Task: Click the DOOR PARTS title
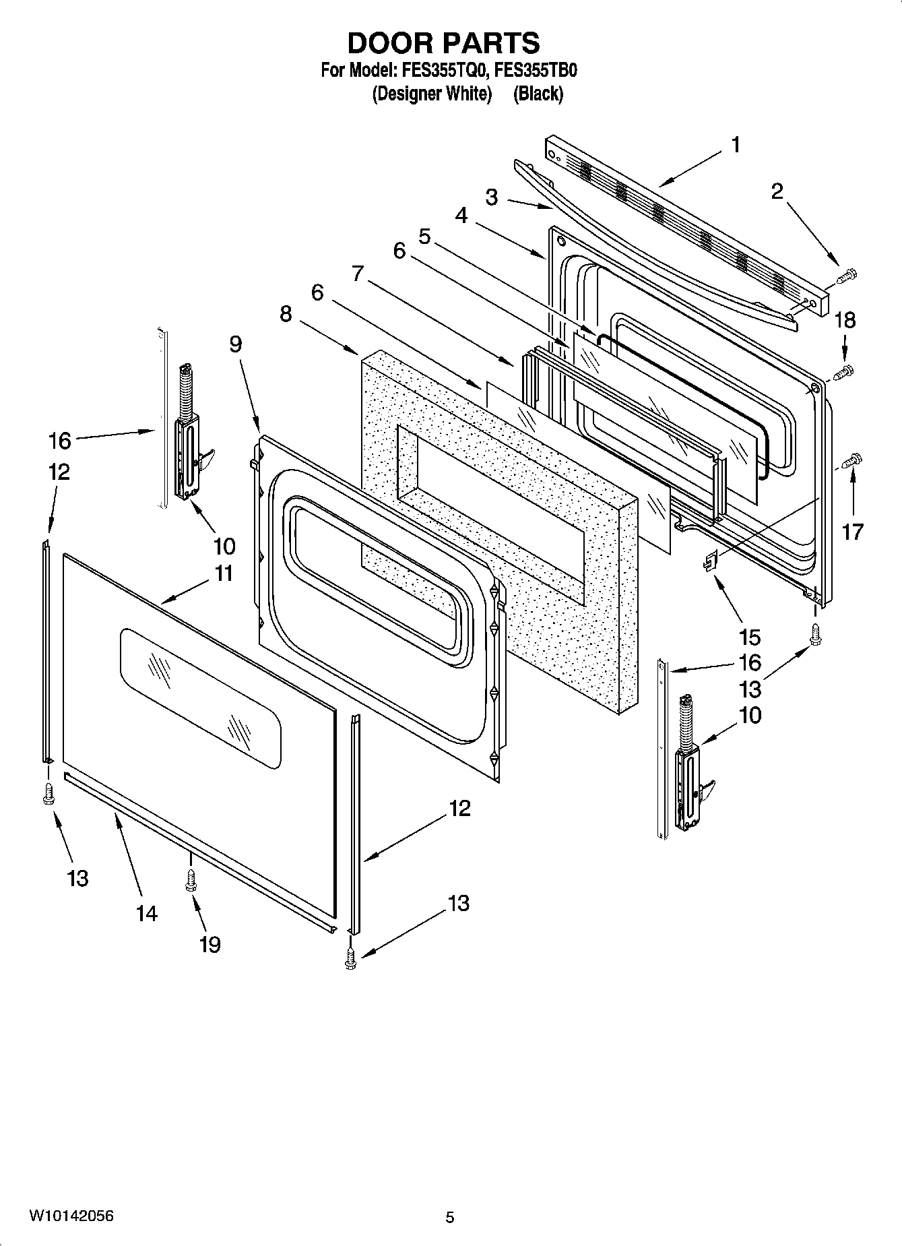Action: [x=443, y=43]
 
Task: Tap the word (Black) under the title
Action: [x=538, y=94]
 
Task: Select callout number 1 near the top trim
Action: [x=736, y=145]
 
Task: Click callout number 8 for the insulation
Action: [x=286, y=313]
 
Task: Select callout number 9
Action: [x=235, y=344]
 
